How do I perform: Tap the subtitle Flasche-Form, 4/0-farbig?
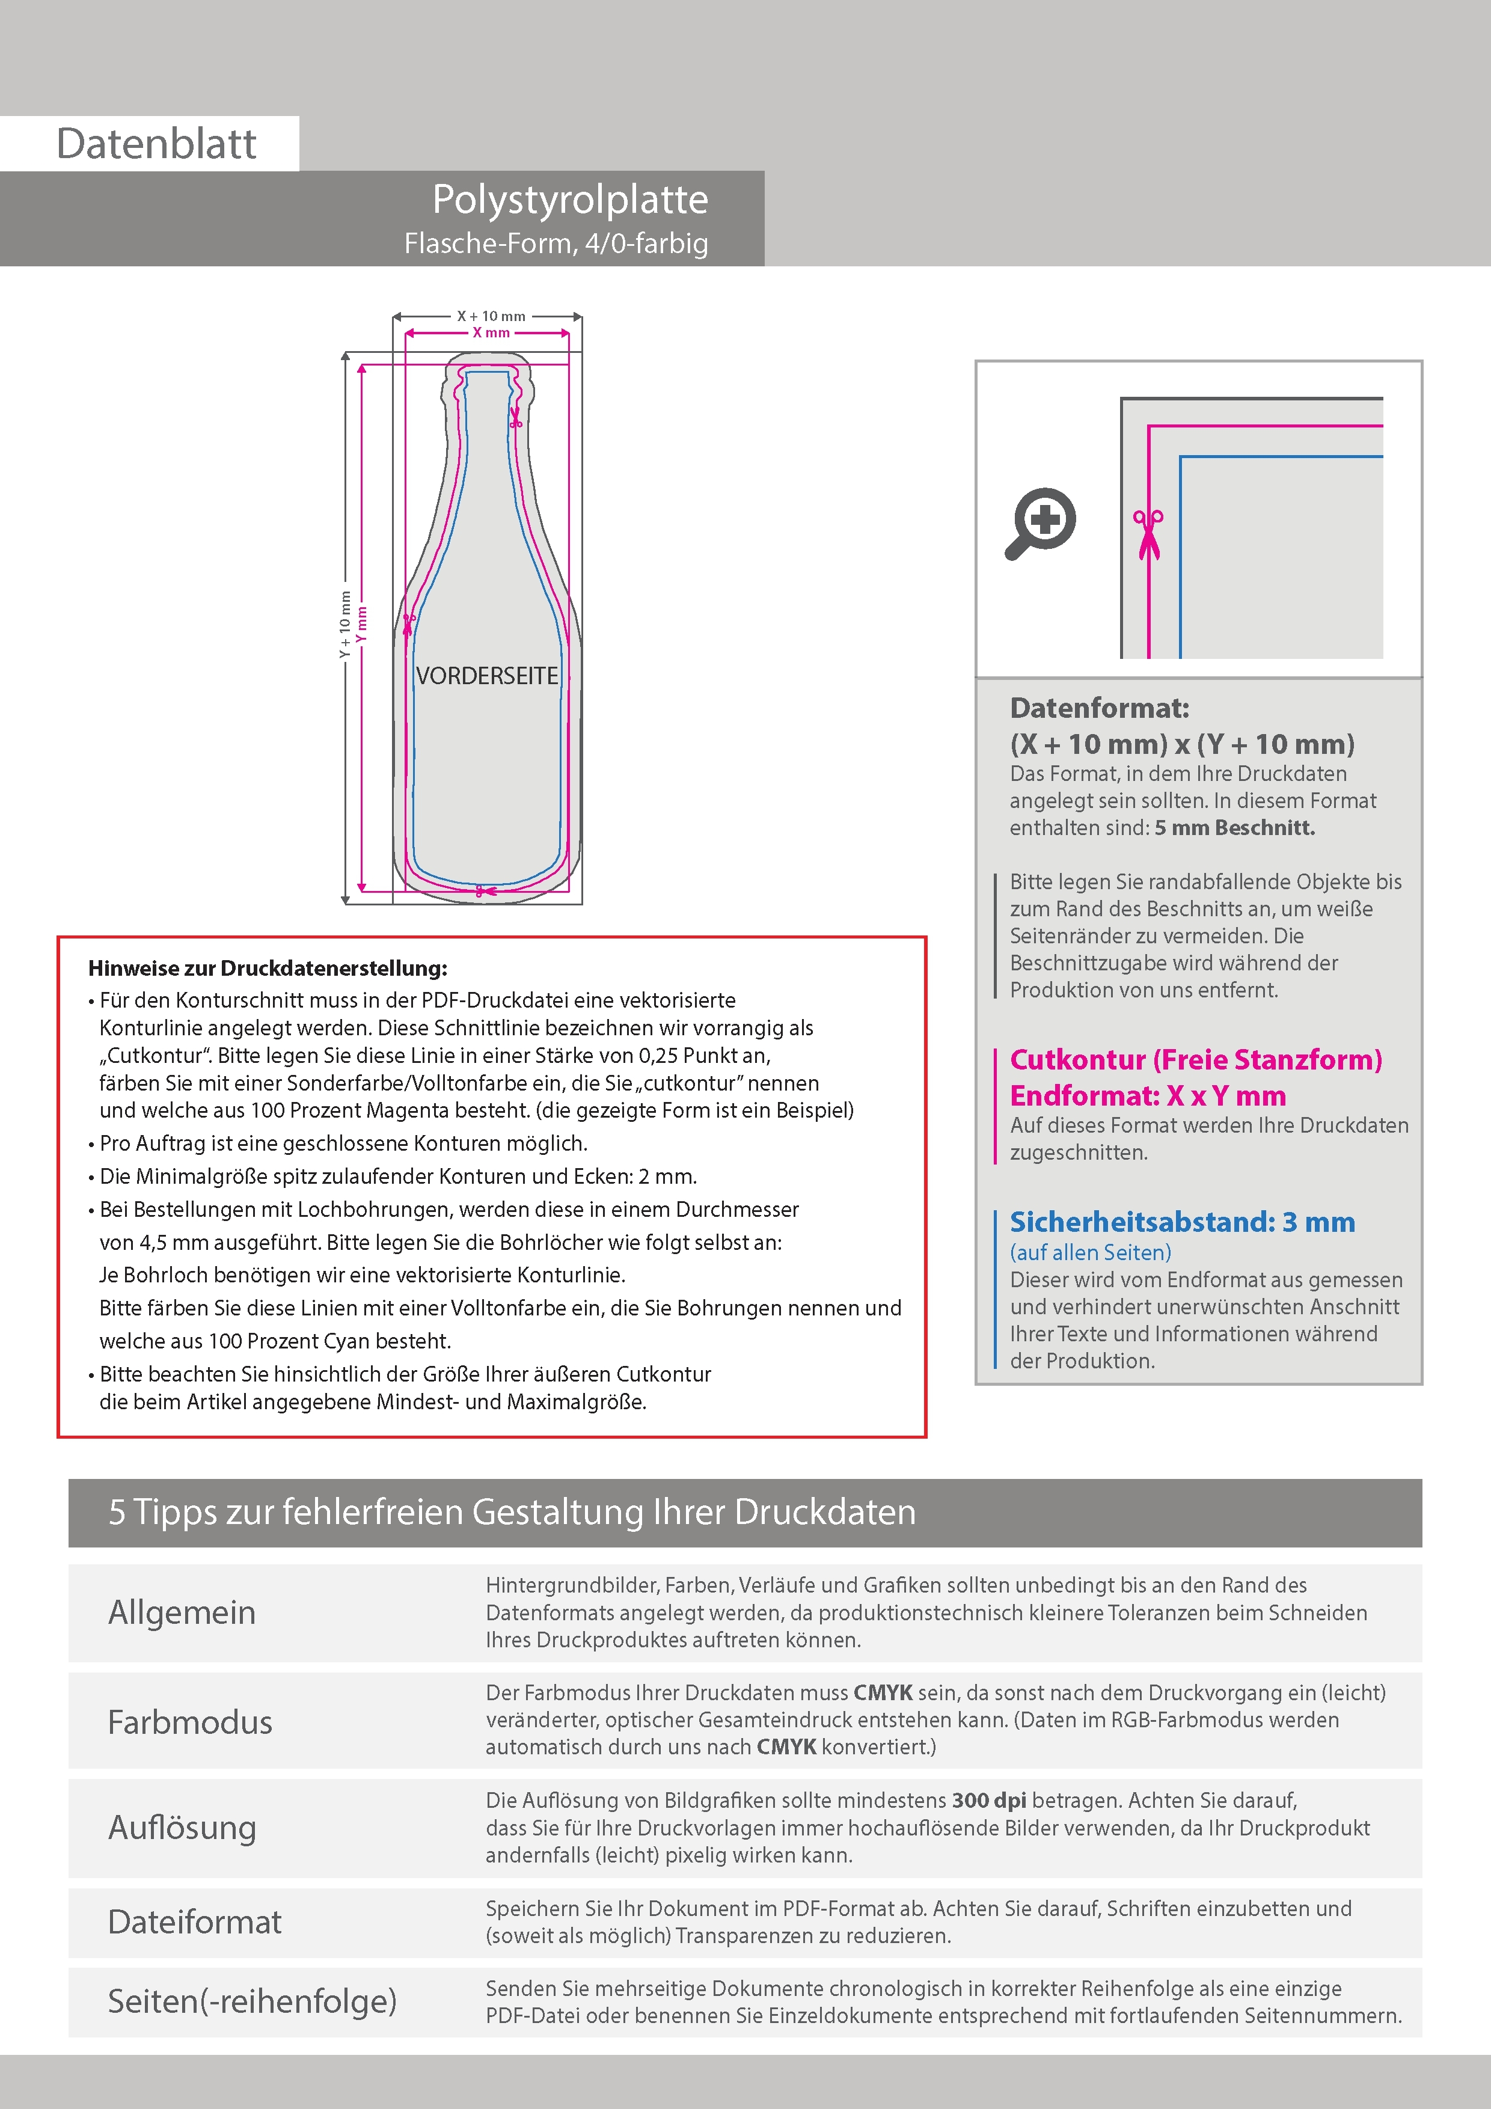click(x=556, y=243)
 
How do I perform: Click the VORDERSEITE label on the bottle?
click(x=487, y=676)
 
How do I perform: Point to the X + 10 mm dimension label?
click(x=491, y=316)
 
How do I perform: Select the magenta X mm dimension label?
click(x=491, y=332)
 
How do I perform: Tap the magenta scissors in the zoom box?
click(x=1148, y=533)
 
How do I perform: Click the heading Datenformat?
click(x=1099, y=708)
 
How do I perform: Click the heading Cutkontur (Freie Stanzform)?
click(x=1195, y=1059)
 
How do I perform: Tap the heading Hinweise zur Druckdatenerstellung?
click(x=268, y=968)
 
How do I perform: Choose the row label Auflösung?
click(x=182, y=1827)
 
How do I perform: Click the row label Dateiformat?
click(x=195, y=1921)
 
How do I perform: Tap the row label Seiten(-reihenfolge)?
click(x=252, y=2001)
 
